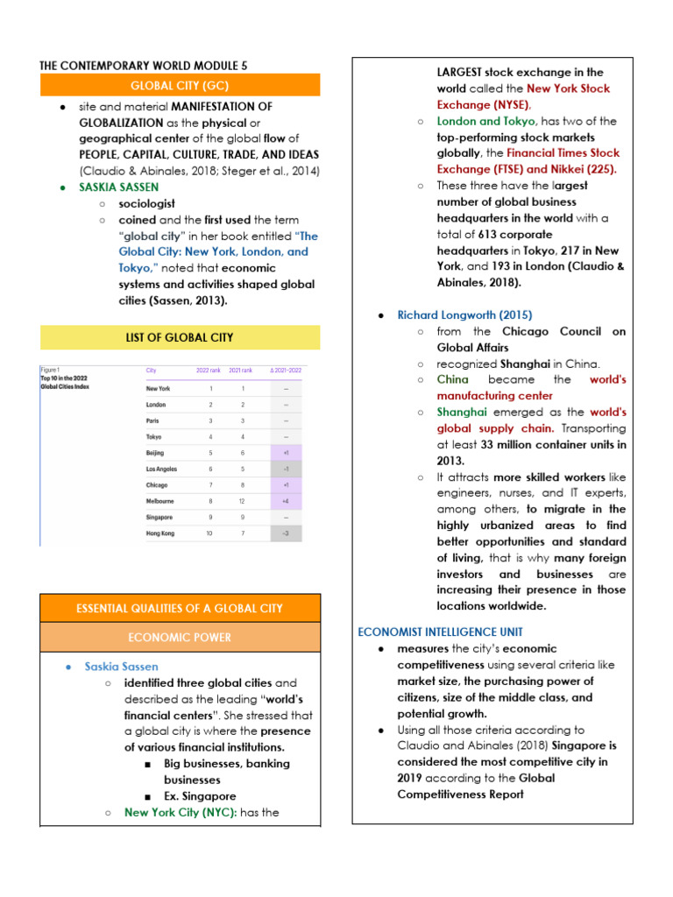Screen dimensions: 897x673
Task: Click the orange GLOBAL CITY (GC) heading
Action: pyautogui.click(x=180, y=85)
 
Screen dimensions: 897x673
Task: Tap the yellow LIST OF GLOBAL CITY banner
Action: pyautogui.click(x=180, y=337)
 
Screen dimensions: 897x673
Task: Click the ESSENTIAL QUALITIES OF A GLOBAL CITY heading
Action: pyautogui.click(x=180, y=608)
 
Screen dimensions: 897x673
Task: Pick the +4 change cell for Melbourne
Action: pyautogui.click(x=284, y=500)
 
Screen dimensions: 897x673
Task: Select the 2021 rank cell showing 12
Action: pyautogui.click(x=246, y=500)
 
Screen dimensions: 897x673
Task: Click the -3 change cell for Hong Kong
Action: pyautogui.click(x=284, y=533)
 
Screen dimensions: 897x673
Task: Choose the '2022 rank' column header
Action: pyautogui.click(x=209, y=371)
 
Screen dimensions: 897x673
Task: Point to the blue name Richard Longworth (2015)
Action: pyautogui.click(x=464, y=314)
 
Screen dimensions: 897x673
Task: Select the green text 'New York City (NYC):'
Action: pyautogui.click(x=181, y=812)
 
